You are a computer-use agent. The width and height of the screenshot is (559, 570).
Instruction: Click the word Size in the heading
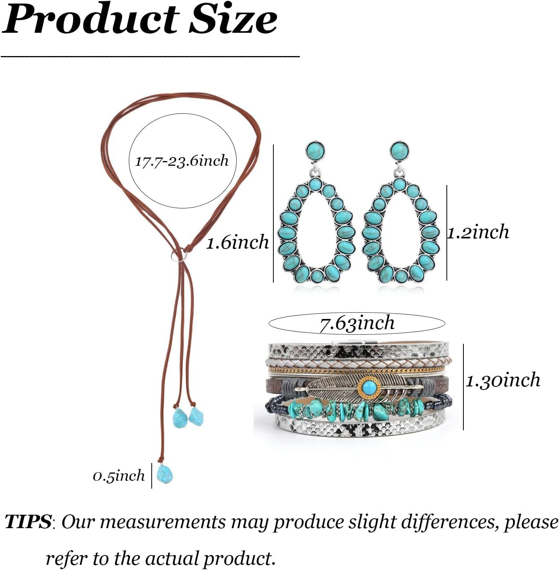coord(233,19)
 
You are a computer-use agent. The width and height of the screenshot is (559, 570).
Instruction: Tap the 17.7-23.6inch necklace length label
coord(182,161)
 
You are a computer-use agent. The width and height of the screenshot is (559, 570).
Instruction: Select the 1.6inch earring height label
coord(237,242)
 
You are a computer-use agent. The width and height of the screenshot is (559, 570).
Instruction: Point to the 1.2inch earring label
coord(478,232)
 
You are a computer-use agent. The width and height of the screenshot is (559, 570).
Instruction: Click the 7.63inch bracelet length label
coord(357,323)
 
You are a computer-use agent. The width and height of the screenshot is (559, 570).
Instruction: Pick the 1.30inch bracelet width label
coord(503,380)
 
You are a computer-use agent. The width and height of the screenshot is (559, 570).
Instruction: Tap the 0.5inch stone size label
coord(119,476)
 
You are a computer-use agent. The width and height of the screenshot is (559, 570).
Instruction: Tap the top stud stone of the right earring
coord(399,150)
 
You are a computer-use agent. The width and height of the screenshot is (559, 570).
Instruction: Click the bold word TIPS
coord(28,521)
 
